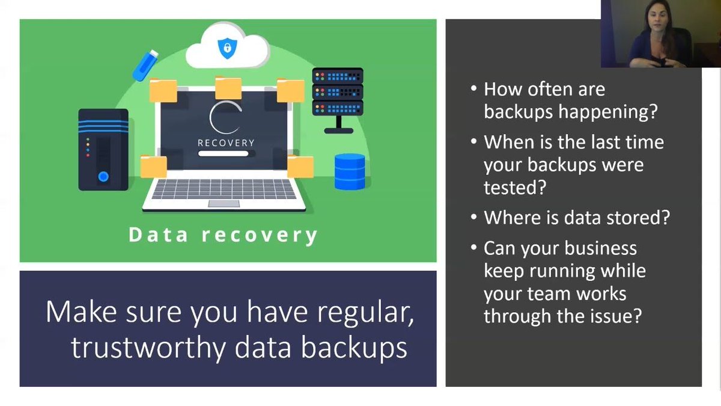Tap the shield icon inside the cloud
pyautogui.click(x=227, y=48)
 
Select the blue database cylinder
pyautogui.click(x=350, y=171)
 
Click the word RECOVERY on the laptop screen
pyautogui.click(x=226, y=143)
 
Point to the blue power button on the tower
pyautogui.click(x=103, y=176)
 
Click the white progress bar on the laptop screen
pyautogui.click(x=224, y=153)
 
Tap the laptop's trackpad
pyautogui.click(x=224, y=204)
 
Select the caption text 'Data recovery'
pyautogui.click(x=223, y=235)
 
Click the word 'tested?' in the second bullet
pyautogui.click(x=514, y=188)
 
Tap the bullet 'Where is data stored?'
pyautogui.click(x=576, y=217)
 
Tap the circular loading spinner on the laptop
pyautogui.click(x=225, y=118)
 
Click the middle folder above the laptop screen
pyautogui.click(x=228, y=88)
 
